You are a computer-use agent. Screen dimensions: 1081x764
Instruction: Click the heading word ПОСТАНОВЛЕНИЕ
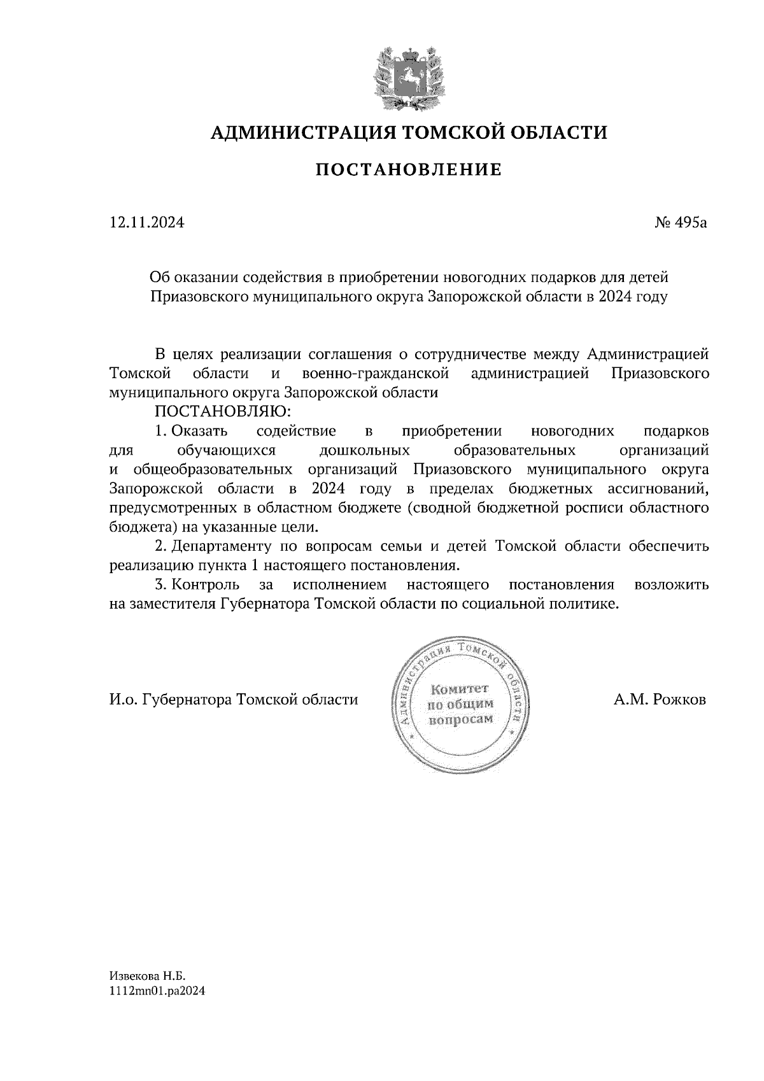409,170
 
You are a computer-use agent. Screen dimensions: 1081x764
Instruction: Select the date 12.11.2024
147,223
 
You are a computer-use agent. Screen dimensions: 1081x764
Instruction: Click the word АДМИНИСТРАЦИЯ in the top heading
298,132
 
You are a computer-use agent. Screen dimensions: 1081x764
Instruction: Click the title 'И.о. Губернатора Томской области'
234,700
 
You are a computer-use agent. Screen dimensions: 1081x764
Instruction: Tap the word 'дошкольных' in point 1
364,451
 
